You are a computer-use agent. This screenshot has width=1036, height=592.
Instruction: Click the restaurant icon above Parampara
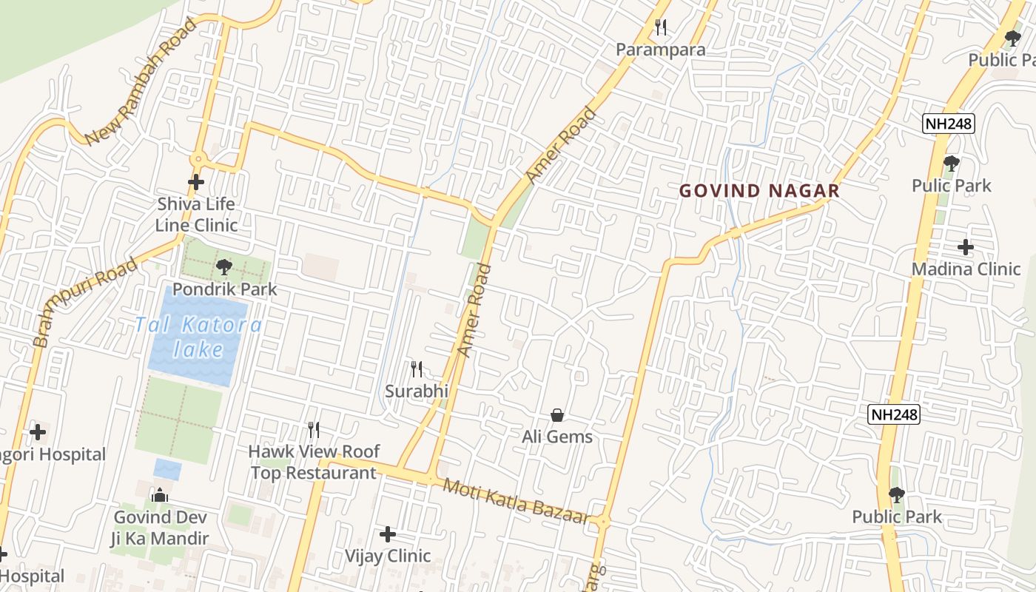(x=661, y=27)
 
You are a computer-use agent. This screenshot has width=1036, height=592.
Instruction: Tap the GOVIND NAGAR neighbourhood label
(x=759, y=191)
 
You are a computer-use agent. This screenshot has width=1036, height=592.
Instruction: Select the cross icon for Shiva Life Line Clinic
(x=196, y=181)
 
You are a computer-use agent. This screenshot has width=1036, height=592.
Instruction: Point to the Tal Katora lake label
(x=198, y=337)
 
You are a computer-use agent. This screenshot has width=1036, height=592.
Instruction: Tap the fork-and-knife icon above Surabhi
(x=417, y=369)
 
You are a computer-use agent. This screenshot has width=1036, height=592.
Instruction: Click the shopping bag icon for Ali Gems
(x=557, y=415)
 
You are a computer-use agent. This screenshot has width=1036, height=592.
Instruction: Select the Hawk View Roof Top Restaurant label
(x=314, y=462)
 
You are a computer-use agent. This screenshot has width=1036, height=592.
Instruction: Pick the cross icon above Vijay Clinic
(x=388, y=534)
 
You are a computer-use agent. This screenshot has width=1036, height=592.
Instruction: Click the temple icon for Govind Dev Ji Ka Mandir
(x=159, y=495)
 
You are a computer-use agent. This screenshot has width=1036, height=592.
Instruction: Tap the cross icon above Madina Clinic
(x=966, y=246)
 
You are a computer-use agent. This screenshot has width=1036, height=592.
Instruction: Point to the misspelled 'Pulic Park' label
(x=951, y=185)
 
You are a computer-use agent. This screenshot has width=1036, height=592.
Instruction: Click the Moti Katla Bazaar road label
(x=516, y=501)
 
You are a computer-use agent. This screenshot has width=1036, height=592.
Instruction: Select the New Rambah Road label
(x=141, y=81)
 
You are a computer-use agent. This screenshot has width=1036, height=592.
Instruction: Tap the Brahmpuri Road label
(x=85, y=301)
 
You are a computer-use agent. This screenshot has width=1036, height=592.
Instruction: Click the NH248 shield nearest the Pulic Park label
(x=948, y=124)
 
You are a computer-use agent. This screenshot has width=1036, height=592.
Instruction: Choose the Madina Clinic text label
(x=966, y=269)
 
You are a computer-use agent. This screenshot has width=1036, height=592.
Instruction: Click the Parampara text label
(x=661, y=50)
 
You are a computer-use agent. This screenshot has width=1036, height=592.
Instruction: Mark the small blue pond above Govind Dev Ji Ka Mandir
(x=167, y=468)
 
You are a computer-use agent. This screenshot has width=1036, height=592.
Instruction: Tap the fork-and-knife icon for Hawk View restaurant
(x=314, y=430)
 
